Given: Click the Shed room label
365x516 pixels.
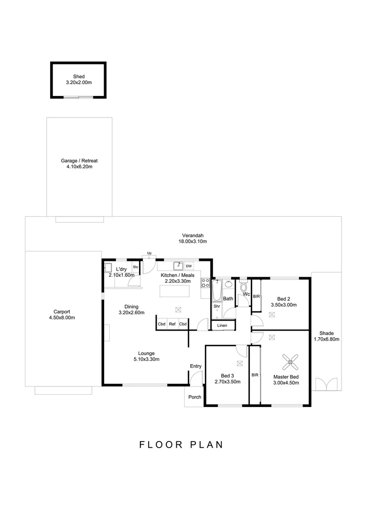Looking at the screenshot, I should click(78, 76).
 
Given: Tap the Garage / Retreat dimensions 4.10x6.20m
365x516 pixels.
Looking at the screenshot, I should click(79, 167).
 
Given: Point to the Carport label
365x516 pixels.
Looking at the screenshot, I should click(62, 312).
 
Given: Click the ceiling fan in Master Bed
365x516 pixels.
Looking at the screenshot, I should click(290, 362).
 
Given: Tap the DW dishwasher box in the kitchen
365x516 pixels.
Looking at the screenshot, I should click(189, 266).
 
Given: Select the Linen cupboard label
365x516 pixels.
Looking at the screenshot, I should click(222, 326).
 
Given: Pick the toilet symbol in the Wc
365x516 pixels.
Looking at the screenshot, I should click(244, 288).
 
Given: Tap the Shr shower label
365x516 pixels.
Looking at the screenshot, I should click(216, 306).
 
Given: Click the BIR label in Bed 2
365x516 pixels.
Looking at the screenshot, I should click(256, 297).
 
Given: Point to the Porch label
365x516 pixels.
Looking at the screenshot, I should click(194, 397).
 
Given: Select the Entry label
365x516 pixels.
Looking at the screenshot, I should click(195, 366).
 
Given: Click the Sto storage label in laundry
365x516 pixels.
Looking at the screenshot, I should click(135, 267).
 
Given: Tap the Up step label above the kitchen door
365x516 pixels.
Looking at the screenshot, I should click(149, 253).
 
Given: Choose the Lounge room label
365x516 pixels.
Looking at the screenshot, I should click(146, 353).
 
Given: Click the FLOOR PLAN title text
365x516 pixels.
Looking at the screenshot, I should click(181, 445).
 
